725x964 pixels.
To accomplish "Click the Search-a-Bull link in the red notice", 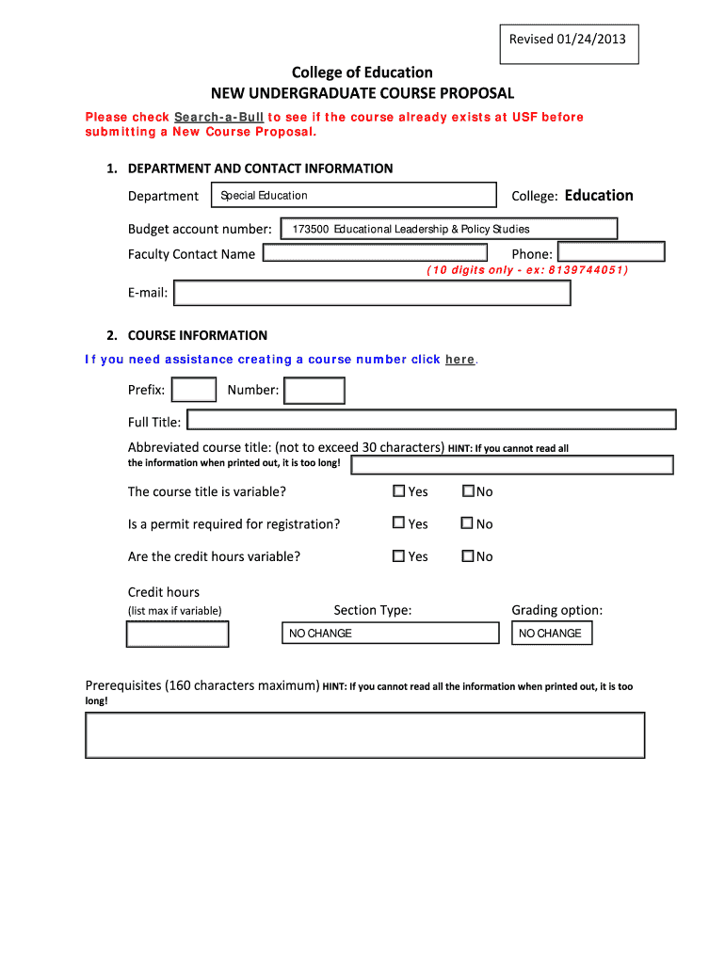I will [x=218, y=118].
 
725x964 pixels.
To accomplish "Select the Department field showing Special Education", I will [x=353, y=195].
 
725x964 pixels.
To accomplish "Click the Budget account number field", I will [x=450, y=229].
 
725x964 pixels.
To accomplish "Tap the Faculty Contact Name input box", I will [x=375, y=253].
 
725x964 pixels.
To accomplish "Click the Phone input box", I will [x=610, y=252].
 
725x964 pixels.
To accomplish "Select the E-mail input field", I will [x=372, y=294].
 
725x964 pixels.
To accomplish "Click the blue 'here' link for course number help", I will [x=459, y=360].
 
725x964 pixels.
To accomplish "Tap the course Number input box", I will [x=314, y=390].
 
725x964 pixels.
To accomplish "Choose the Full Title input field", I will [x=430, y=420].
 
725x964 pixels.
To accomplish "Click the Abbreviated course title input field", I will [x=511, y=465].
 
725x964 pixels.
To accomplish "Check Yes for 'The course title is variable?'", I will [x=399, y=491].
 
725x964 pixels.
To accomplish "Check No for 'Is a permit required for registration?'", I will [x=467, y=523].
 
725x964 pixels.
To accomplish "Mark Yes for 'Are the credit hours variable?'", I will [x=399, y=556].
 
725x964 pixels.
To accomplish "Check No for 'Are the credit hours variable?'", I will [x=467, y=556].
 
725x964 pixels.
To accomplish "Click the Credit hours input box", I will [x=178, y=635].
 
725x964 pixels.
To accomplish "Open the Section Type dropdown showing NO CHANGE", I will [x=390, y=634].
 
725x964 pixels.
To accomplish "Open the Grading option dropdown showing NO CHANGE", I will [x=553, y=634].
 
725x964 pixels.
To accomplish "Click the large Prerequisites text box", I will [x=364, y=735].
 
